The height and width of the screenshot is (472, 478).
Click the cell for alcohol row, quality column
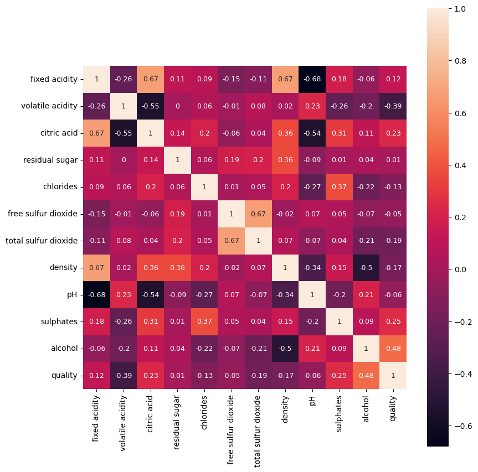(x=393, y=349)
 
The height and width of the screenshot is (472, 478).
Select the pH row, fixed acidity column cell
(x=96, y=295)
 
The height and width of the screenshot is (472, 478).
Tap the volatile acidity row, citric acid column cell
(x=151, y=106)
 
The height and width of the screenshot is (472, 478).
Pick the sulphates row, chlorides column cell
(x=204, y=321)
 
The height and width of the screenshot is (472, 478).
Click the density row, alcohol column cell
(x=366, y=268)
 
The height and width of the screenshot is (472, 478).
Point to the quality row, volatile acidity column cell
(x=124, y=376)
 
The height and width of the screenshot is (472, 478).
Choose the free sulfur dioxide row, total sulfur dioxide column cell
(x=258, y=214)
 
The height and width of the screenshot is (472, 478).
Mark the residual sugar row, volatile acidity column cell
(x=124, y=160)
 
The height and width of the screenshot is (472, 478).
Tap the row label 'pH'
(x=72, y=295)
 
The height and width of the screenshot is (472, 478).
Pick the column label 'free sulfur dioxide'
(x=231, y=429)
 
